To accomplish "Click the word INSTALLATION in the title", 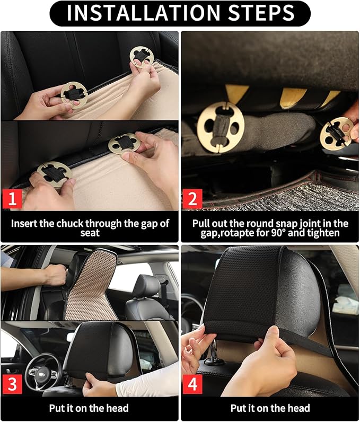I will pos(142,13).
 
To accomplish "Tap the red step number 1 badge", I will pos(12,200).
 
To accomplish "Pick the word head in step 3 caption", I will pos(117,408).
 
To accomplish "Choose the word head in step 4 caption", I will pos(298,408).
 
